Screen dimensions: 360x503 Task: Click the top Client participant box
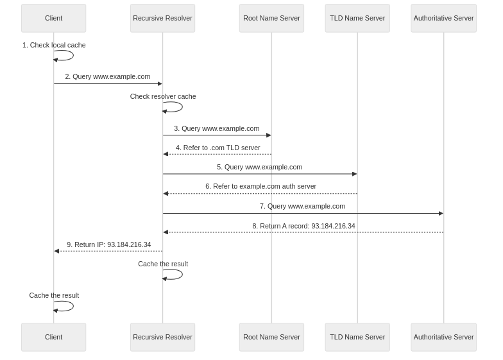53,18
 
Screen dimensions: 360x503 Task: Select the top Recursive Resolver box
162,18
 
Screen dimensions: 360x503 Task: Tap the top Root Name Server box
271,18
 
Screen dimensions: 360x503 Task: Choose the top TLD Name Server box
357,18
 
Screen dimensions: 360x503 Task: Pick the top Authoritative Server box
443,18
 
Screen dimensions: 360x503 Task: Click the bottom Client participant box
53,337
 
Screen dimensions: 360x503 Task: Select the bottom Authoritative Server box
443,337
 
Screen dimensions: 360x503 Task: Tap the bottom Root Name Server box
271,337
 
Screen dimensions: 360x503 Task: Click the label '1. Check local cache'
54,46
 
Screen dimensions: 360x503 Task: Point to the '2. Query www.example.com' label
108,76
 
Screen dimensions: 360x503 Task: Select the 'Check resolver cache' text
163,96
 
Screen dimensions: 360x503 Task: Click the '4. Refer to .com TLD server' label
217,148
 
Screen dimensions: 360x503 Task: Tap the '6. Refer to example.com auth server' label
260,186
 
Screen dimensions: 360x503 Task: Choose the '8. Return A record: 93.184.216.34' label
303,226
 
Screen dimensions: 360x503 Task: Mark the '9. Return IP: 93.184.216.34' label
108,244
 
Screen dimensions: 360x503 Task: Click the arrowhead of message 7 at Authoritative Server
440,213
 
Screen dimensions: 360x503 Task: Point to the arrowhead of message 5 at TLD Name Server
354,174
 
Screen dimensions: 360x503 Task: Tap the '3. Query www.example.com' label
217,128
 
